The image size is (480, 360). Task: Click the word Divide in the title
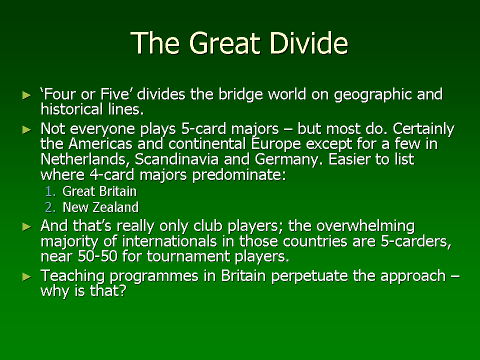click(309, 43)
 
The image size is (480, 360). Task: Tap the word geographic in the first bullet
click(373, 95)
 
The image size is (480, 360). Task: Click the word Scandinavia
click(176, 159)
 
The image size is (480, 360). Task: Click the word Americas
click(100, 143)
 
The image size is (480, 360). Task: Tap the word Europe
click(276, 144)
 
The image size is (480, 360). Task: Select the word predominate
click(239, 175)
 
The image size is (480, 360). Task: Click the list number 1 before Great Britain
click(50, 191)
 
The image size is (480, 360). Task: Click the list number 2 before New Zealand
click(50, 207)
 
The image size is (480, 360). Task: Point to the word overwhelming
click(365, 226)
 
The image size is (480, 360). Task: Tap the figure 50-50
click(97, 256)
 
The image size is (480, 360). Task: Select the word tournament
click(188, 256)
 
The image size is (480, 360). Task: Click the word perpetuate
click(309, 276)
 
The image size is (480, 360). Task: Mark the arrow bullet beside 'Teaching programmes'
click(27, 277)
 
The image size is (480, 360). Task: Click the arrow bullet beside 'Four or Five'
click(27, 95)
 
